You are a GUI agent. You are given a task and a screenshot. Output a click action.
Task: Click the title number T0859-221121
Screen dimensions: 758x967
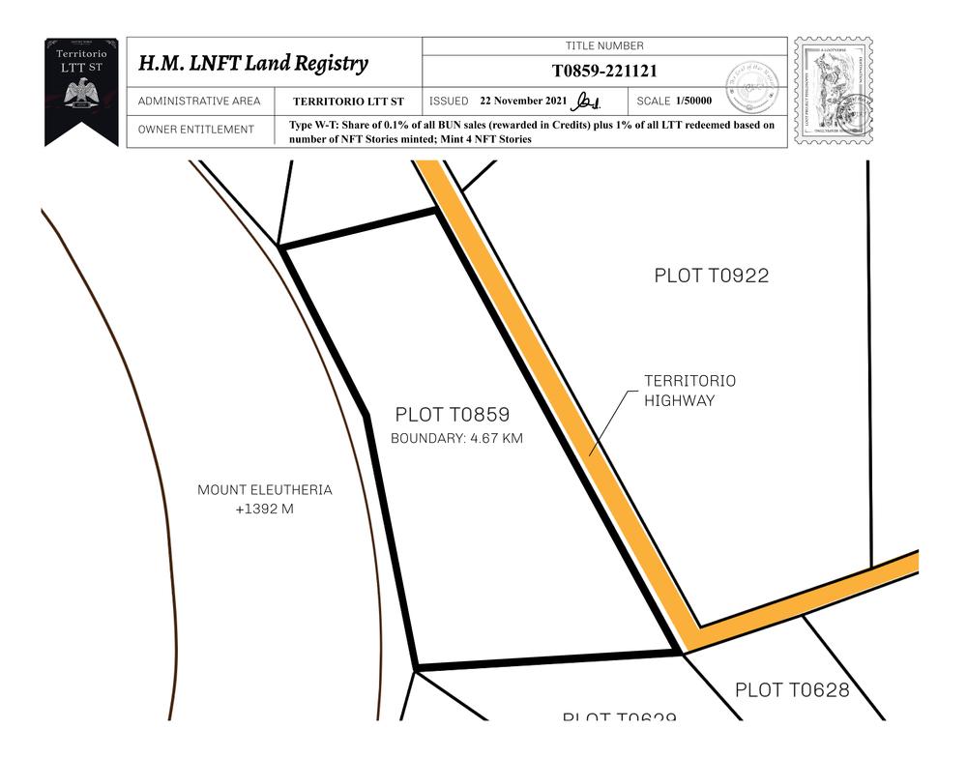[x=604, y=71]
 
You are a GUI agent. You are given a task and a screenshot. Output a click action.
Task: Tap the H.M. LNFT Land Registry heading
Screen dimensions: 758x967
[x=253, y=64]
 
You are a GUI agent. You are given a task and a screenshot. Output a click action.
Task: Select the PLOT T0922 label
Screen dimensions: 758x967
[x=711, y=276]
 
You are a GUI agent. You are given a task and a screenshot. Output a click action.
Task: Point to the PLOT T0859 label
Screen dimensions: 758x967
[x=452, y=415]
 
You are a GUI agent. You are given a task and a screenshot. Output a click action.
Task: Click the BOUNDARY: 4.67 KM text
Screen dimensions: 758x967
[x=456, y=439]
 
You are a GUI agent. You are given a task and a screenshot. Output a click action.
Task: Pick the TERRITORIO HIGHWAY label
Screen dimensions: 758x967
[x=689, y=391]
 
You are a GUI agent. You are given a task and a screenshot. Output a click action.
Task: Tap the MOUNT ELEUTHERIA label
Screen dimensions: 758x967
[x=264, y=490]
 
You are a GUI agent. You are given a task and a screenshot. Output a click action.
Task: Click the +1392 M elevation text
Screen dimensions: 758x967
[x=264, y=509]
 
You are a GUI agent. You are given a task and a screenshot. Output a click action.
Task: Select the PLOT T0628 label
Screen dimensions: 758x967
[x=792, y=690]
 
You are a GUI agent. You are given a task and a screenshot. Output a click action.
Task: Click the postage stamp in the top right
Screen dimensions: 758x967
[x=833, y=91]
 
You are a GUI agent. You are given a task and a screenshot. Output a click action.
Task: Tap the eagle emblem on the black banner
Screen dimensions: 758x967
[x=81, y=94]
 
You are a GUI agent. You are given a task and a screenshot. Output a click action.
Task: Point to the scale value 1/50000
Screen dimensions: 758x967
[x=694, y=101]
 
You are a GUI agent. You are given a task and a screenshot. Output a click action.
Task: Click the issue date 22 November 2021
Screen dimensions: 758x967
[x=523, y=101]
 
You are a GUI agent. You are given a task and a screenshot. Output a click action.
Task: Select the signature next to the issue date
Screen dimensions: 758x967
[x=587, y=101]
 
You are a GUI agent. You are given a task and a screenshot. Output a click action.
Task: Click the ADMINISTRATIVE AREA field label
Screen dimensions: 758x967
[x=199, y=101]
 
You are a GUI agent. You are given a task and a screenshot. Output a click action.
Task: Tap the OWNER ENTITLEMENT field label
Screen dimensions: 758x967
[x=196, y=130]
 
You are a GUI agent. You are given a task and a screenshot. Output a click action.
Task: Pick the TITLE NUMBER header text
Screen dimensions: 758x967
[x=604, y=45]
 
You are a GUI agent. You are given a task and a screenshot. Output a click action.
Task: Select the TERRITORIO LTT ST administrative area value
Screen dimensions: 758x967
[x=348, y=102]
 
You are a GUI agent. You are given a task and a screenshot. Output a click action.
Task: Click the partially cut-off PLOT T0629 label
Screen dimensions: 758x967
[x=619, y=717]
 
